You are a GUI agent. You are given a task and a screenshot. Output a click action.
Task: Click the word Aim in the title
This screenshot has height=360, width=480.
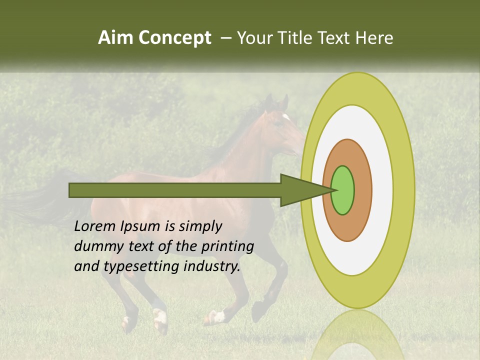coord(116,38)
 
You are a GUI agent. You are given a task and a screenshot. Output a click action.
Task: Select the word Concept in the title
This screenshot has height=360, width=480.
coord(174,38)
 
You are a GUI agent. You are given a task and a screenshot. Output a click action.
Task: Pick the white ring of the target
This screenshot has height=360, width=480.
coord(382,190)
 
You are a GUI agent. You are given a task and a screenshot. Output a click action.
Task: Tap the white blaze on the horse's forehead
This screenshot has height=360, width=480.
coord(286,117)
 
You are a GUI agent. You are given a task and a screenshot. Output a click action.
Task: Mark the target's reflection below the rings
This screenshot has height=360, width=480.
coord(357,335)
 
